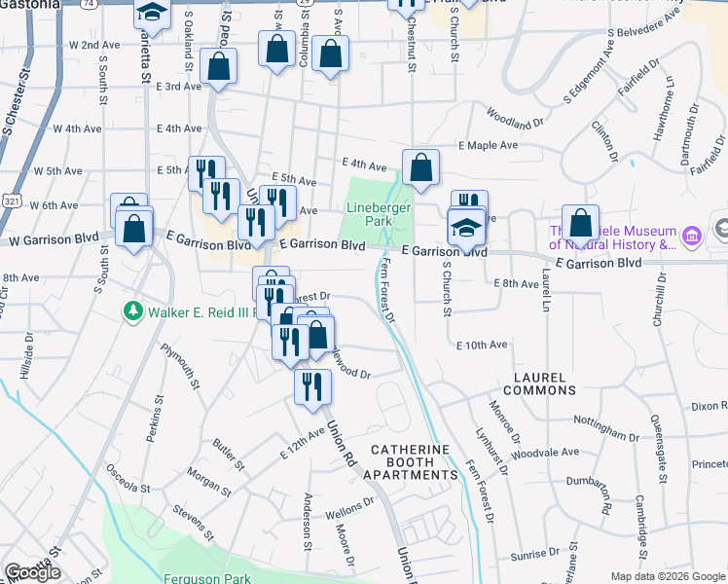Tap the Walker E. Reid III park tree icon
pyautogui.click(x=133, y=311)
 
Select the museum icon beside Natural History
pyautogui.click(x=693, y=236)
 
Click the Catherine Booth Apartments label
pyautogui.click(x=414, y=462)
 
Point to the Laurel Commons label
pyautogui.click(x=538, y=383)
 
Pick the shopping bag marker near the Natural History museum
pyautogui.click(x=580, y=223)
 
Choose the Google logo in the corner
pyautogui.click(x=32, y=571)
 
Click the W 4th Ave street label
pyautogui.click(x=77, y=128)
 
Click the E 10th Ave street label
pyautogui.click(x=482, y=345)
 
